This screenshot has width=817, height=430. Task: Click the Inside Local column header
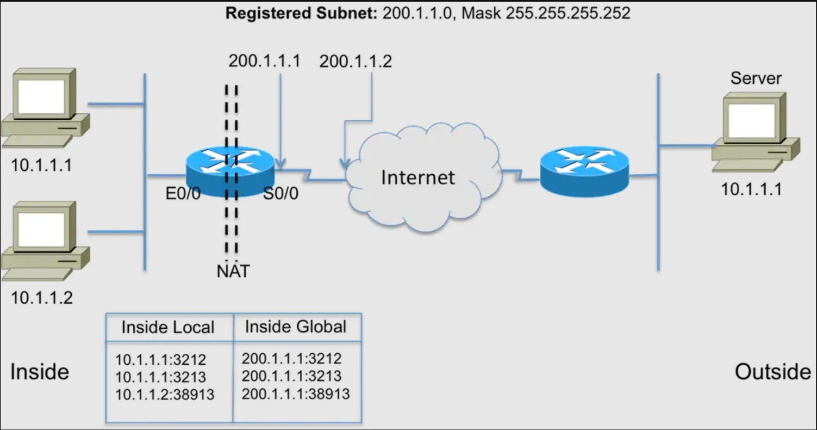167,328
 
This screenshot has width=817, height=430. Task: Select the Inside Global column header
295,327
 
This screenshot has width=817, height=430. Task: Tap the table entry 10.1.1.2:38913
165,394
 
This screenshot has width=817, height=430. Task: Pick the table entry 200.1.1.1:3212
291,358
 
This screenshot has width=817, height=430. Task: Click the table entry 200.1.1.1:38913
296,393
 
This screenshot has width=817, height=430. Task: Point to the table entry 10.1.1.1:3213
160,377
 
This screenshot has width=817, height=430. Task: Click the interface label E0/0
183,194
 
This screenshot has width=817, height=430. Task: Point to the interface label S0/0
280,194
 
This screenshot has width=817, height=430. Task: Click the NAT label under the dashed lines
233,271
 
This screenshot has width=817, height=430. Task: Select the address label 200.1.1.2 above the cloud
356,62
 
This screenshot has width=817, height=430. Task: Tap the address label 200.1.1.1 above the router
264,61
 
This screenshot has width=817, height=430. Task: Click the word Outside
772,372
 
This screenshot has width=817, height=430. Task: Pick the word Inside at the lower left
40,372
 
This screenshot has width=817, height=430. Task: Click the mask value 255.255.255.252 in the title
568,13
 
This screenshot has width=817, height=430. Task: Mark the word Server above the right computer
756,78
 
